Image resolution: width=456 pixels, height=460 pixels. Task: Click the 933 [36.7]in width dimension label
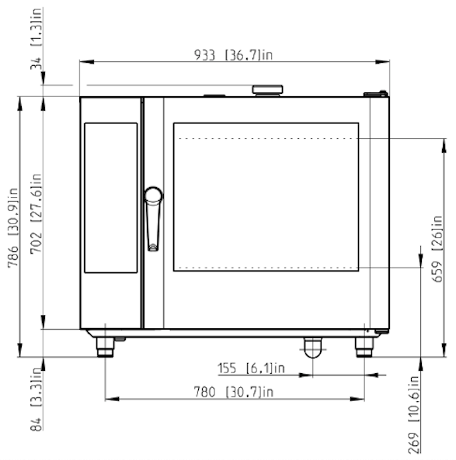point(234,55)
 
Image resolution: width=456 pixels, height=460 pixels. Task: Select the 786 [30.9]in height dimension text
point(13,228)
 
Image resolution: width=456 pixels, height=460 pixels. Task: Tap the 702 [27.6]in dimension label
point(37,213)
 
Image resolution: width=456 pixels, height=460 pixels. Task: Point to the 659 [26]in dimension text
point(437,249)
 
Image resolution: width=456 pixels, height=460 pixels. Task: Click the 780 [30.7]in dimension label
point(234,392)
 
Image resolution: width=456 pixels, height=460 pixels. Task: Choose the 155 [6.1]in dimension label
point(251,368)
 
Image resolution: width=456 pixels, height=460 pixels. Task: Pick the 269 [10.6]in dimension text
point(413,415)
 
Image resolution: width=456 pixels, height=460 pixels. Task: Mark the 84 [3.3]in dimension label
point(37,399)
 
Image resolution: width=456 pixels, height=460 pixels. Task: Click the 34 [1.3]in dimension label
point(37,39)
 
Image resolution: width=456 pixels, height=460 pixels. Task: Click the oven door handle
point(153,220)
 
